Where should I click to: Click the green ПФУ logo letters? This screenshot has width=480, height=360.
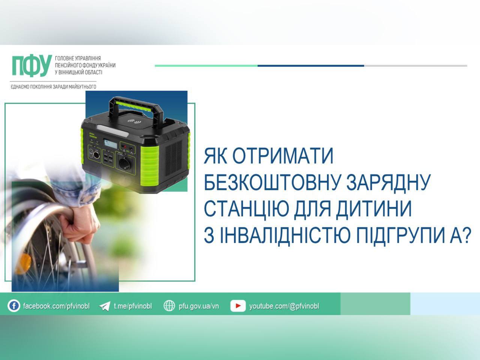point(31,66)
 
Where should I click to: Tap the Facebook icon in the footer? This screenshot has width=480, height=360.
point(14,306)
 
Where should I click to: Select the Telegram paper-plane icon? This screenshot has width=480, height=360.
point(104,306)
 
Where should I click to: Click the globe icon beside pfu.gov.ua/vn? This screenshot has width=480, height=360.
point(169,306)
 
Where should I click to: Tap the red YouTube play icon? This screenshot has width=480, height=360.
point(238,306)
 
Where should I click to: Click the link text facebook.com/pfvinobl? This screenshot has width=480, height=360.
point(56,306)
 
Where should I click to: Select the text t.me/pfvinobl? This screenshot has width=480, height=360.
point(133,306)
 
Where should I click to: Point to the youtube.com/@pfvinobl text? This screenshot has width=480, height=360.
point(284,306)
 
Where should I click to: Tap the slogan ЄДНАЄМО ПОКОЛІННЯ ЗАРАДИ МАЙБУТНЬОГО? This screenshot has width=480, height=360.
point(53,87)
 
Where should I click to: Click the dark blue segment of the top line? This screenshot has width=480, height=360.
point(310,66)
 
